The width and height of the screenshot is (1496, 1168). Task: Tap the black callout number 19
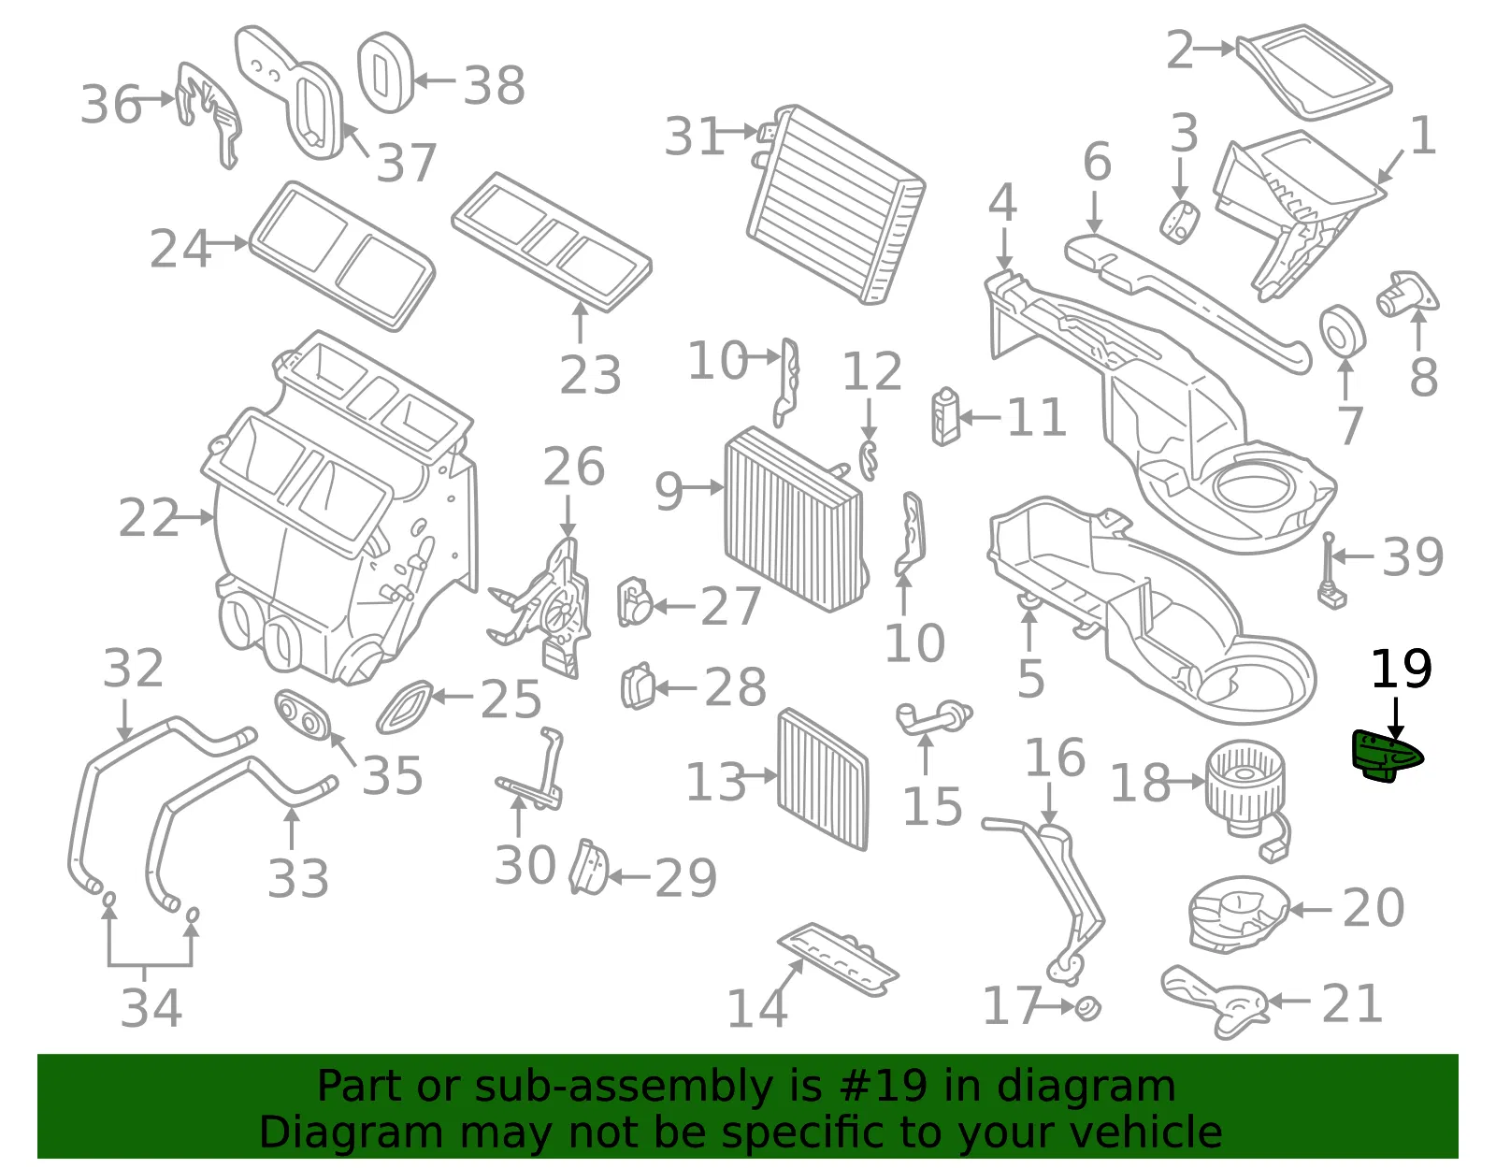1401,669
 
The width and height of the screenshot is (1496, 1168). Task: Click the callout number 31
694,136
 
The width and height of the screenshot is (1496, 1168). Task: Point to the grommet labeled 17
1087,1008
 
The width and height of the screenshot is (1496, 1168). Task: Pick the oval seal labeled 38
385,72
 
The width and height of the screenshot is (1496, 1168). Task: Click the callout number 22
148,517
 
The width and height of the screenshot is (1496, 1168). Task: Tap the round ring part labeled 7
1342,331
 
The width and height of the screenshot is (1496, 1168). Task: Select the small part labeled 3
1179,222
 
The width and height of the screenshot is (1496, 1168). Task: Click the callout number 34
151,1008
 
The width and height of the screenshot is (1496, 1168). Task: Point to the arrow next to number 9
702,488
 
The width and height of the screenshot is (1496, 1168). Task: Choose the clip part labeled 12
870,460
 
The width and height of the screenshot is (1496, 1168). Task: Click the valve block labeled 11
946,416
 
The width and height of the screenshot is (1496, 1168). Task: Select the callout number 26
573,467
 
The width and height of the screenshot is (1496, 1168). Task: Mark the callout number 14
756,1008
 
